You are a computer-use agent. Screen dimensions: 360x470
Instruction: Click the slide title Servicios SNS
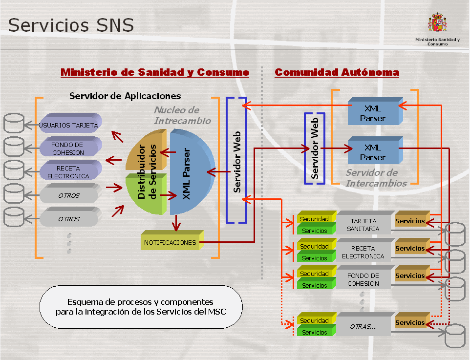click(x=71, y=25)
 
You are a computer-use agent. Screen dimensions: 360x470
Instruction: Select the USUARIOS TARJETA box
click(x=69, y=125)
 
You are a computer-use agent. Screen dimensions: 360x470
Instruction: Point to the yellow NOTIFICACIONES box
click(x=170, y=242)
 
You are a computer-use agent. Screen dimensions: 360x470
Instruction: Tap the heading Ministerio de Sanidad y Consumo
click(x=155, y=72)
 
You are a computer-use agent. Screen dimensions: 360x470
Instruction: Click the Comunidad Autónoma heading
click(x=337, y=72)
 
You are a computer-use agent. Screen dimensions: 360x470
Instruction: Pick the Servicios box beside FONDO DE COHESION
click(x=410, y=276)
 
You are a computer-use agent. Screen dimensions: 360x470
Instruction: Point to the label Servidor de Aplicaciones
click(x=125, y=96)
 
